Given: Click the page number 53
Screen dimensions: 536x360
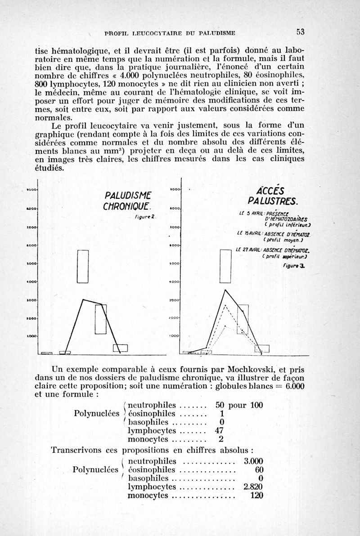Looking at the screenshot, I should tap(300, 31).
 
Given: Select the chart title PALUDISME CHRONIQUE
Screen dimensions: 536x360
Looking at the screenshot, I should tap(126, 201).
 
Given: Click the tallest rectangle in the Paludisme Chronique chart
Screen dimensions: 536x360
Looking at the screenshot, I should tap(82, 266).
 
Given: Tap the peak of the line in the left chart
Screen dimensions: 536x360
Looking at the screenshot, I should tap(82, 299).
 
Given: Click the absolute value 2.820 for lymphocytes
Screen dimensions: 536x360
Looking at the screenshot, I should tap(253, 487).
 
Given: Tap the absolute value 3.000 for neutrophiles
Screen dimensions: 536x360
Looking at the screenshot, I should tap(253, 461).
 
